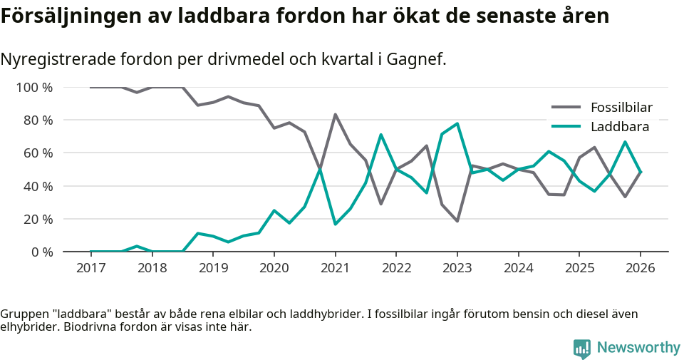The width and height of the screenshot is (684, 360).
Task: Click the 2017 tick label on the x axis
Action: [90, 268]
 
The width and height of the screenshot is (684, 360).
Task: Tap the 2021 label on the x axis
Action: [335, 268]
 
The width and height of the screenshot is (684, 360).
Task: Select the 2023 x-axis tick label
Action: [457, 268]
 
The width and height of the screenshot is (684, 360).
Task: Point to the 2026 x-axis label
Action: [640, 268]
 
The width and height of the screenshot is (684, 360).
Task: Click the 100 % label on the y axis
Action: [34, 88]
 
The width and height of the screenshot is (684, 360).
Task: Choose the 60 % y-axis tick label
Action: [38, 153]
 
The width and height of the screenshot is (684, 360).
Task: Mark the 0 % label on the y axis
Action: [41, 252]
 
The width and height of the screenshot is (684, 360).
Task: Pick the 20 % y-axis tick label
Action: [38, 219]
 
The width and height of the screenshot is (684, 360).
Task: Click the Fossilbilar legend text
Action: [621, 108]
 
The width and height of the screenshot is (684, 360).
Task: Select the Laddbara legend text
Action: [619, 127]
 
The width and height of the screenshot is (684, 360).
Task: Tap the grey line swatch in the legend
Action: [566, 108]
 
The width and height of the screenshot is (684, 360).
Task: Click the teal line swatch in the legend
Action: [566, 127]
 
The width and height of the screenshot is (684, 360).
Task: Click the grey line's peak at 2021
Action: [335, 114]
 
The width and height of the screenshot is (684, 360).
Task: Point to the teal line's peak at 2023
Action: [457, 123]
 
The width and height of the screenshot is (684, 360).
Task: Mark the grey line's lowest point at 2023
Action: [457, 221]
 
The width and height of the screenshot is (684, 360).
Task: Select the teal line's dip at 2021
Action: [335, 225]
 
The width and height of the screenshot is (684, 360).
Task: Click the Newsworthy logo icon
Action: [582, 348]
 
